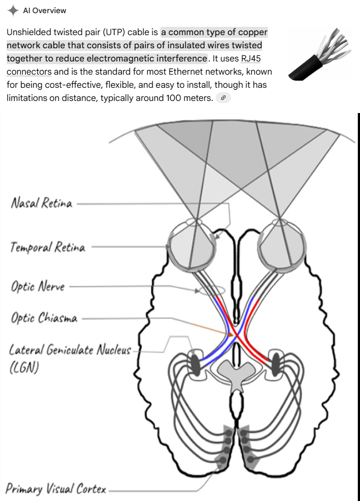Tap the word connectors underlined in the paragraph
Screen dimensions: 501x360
(29, 72)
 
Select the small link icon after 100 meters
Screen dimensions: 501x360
(223, 98)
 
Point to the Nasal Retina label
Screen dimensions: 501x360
(42, 203)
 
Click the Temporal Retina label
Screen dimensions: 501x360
(48, 247)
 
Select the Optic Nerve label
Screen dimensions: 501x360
(38, 286)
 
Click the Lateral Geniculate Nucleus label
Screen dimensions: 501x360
(70, 350)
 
